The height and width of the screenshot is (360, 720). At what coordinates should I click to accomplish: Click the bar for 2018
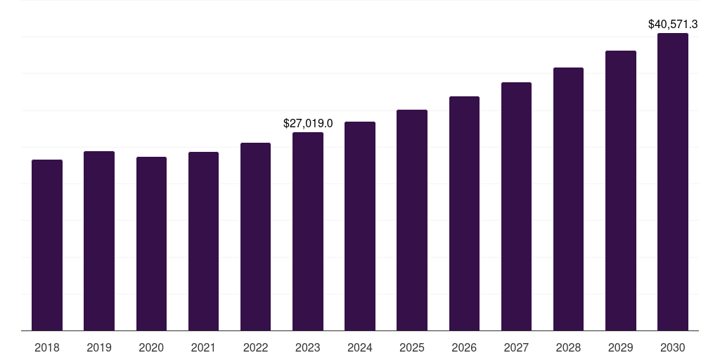pos(47,245)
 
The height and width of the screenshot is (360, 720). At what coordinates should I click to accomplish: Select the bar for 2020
pos(151,244)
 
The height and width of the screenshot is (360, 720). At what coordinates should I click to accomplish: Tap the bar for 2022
pos(255,237)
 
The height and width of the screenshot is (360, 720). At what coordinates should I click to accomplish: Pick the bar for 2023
pos(308,231)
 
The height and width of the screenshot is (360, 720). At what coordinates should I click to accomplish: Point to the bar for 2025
pos(412,220)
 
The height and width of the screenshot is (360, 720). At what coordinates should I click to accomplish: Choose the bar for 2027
pos(516,207)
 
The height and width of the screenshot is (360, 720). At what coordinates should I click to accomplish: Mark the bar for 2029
pos(621,191)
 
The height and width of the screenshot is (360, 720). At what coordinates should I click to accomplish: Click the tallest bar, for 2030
pos(673,182)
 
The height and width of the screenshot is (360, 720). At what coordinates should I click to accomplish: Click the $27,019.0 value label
pos(308,123)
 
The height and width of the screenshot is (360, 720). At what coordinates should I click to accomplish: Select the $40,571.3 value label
pos(673,24)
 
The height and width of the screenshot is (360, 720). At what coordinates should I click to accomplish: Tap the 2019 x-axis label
pos(99,347)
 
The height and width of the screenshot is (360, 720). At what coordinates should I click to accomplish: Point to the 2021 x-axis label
pos(203,347)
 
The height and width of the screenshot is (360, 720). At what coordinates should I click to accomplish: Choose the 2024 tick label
pos(360,347)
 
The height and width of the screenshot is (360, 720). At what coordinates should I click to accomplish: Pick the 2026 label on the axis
pos(464,347)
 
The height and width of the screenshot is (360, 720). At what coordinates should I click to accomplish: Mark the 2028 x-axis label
pos(568,347)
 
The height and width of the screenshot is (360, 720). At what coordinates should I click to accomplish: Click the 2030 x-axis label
pos(673,347)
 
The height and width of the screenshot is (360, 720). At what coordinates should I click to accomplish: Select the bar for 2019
pos(99,241)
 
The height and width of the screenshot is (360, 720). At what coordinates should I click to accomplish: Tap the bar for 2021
pos(203,241)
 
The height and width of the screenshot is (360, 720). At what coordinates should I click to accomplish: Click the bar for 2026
pos(464,214)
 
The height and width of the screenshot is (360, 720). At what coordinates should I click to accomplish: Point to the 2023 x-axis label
pos(308,347)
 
